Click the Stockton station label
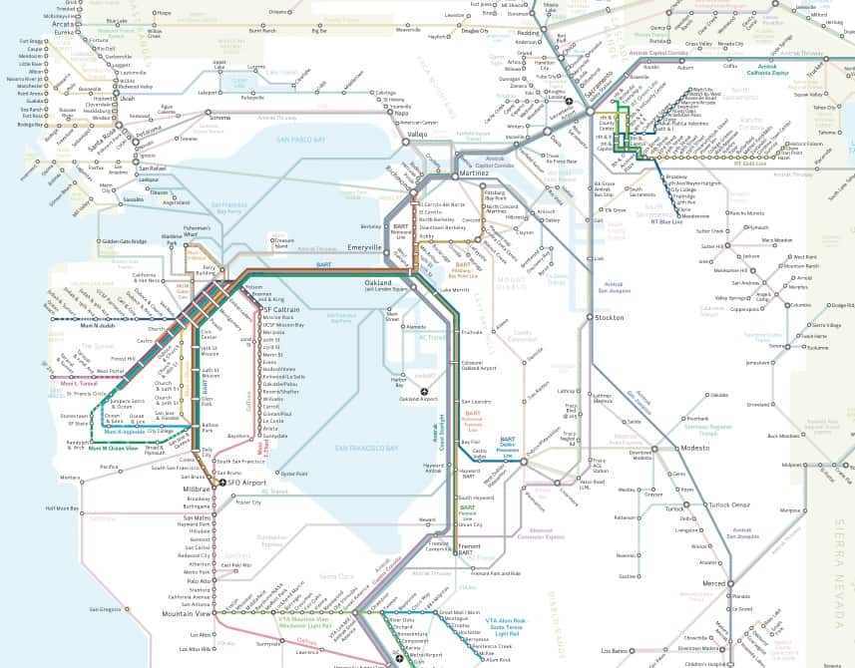(611, 317)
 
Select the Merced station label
(713, 582)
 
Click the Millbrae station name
(197, 490)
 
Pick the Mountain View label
(186, 613)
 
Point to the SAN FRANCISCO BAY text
(367, 449)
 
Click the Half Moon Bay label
(62, 507)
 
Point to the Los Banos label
(620, 650)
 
